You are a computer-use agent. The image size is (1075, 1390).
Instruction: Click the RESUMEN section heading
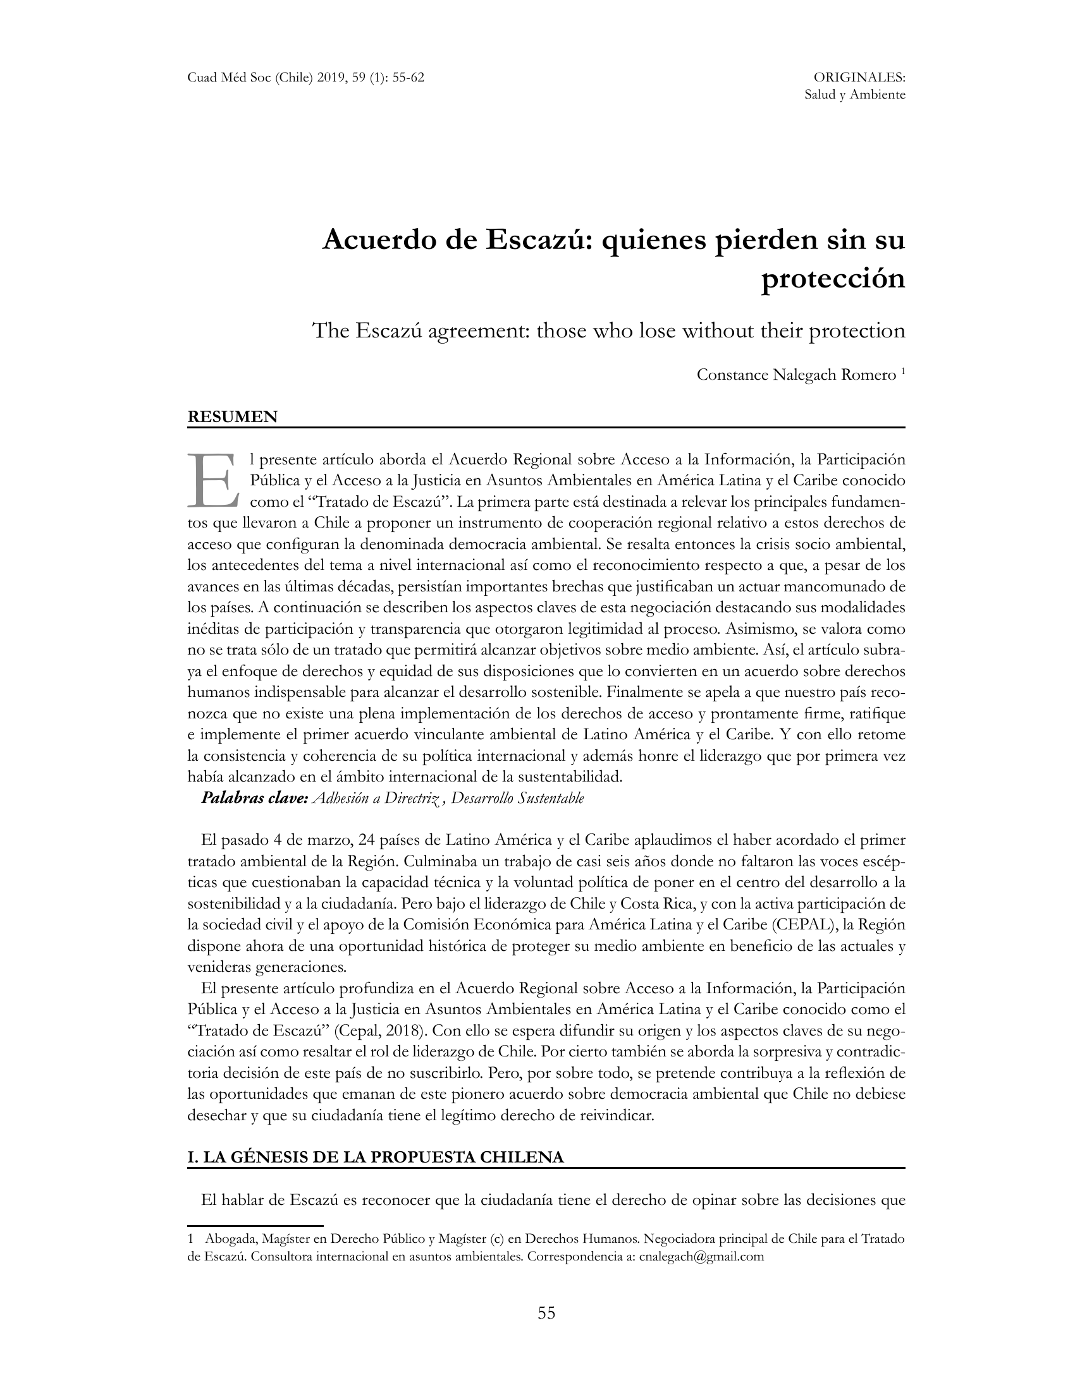coord(233,417)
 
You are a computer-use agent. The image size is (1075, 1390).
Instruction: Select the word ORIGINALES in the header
coord(859,78)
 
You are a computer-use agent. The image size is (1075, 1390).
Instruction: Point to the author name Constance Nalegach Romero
coord(796,375)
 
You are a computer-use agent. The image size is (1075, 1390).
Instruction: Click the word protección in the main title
coord(833,279)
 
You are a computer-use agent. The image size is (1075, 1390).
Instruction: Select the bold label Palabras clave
coord(255,798)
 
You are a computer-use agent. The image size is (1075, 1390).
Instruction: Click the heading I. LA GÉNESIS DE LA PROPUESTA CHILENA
coord(376,1157)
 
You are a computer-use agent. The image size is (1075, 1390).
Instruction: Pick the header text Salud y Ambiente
coord(855,95)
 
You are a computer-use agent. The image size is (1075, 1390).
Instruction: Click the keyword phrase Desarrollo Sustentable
coord(517,798)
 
